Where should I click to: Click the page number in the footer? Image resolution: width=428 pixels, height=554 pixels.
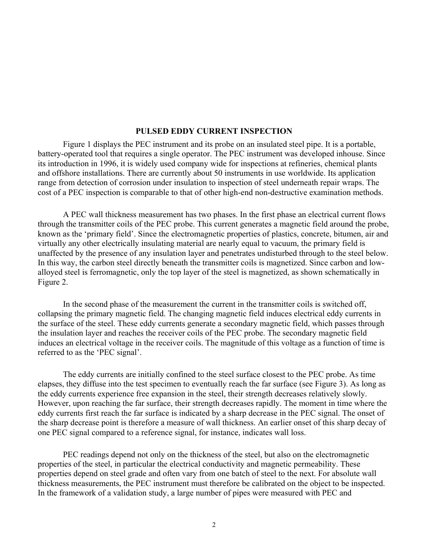click(x=214, y=525)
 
